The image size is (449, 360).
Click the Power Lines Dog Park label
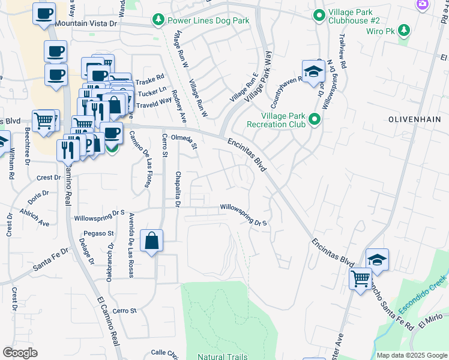click(208, 20)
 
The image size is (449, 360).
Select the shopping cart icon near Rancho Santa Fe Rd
click(361, 278)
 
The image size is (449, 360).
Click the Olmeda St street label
click(185, 142)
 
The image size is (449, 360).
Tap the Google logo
click(20, 353)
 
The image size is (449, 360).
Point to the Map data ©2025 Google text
click(412, 355)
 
